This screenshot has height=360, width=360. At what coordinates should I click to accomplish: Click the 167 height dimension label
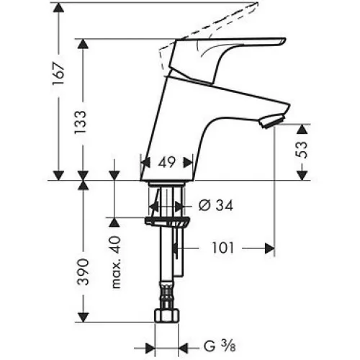click(59, 73)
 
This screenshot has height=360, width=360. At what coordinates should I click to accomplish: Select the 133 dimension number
click(80, 122)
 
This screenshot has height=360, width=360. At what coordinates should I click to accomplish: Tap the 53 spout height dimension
click(301, 150)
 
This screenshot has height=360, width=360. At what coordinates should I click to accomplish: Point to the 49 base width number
click(167, 163)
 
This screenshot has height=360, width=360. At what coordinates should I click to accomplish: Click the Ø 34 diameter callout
click(216, 205)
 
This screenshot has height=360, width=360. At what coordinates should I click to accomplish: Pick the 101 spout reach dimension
click(223, 248)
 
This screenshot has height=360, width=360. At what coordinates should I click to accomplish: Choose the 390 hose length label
click(83, 271)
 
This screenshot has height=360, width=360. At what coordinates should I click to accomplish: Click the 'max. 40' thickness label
click(116, 262)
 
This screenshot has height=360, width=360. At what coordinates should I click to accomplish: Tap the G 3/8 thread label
click(220, 346)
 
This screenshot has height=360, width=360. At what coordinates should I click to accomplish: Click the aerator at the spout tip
click(272, 122)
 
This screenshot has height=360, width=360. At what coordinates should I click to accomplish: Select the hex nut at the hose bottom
click(167, 315)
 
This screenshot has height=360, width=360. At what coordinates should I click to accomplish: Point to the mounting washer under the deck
click(167, 221)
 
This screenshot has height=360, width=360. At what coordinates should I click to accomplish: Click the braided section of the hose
click(166, 294)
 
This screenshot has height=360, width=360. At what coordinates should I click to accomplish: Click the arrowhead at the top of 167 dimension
click(58, 7)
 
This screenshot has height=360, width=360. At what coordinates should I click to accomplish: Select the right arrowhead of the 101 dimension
click(269, 248)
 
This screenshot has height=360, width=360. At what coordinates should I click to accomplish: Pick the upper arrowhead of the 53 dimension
click(302, 129)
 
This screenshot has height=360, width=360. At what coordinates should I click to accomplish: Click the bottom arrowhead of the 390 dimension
click(83, 318)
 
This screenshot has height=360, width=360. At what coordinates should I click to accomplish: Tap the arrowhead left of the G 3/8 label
click(150, 348)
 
